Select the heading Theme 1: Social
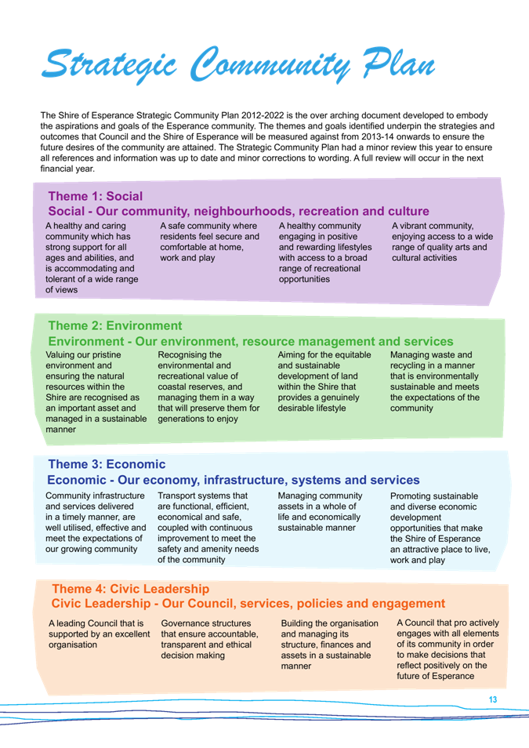click(96, 196)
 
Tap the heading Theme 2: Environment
click(115, 325)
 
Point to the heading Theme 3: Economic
click(107, 464)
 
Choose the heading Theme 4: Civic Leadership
click(131, 589)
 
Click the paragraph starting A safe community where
click(209, 241)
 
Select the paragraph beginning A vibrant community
click(442, 241)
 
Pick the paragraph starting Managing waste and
click(434, 381)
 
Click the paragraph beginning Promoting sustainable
click(440, 528)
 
